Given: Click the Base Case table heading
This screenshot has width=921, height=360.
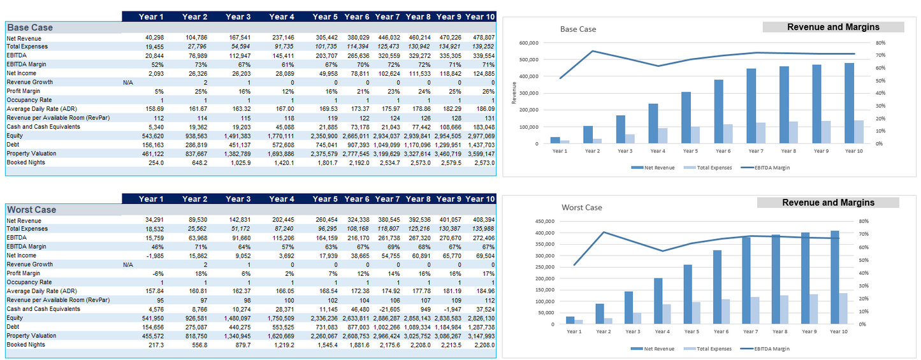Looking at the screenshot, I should (x=30, y=27).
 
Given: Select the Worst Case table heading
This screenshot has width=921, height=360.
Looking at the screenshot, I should (x=31, y=210).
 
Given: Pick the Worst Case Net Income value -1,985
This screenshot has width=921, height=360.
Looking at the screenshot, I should (x=155, y=256).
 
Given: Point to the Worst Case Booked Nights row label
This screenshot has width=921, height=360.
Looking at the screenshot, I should (x=26, y=345).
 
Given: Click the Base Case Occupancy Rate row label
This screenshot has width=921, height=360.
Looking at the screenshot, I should (x=30, y=100).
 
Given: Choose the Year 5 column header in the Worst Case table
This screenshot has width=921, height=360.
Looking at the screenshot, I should (x=325, y=199).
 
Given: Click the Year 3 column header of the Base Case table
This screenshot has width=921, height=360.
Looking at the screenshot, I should (x=238, y=17).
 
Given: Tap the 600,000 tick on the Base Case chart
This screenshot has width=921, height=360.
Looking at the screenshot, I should (x=529, y=43).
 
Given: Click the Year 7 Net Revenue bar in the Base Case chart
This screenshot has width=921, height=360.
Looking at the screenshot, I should (x=751, y=106).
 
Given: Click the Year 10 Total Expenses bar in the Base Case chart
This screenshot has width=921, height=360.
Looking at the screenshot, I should (x=859, y=132).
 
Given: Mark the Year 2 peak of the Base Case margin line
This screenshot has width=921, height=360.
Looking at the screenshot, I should (x=592, y=51).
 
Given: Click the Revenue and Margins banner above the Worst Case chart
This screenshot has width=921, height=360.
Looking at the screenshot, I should (x=827, y=203).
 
